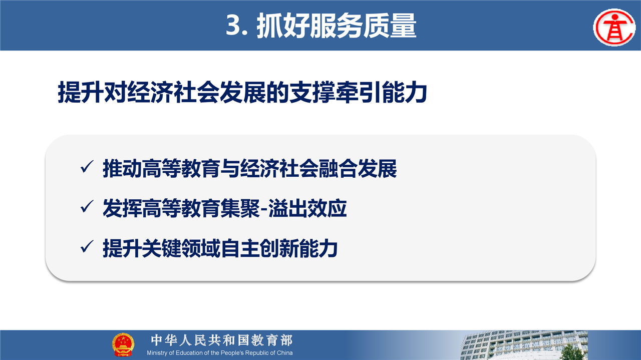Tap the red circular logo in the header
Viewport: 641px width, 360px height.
pyautogui.click(x=614, y=28)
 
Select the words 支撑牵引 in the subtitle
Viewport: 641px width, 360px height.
pyautogui.click(x=336, y=92)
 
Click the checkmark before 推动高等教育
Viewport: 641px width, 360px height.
pyautogui.click(x=87, y=167)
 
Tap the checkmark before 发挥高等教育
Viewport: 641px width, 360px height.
pyautogui.click(x=87, y=206)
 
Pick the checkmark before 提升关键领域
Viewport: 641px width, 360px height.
pyautogui.click(x=87, y=246)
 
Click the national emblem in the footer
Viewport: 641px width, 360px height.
pyautogui.click(x=123, y=345)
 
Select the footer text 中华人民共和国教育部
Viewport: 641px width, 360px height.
pyautogui.click(x=222, y=340)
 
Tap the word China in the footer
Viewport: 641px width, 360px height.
pyautogui.click(x=285, y=353)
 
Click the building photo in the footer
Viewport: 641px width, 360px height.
pyautogui.click(x=524, y=345)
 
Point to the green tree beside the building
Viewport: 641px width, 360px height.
pyautogui.click(x=571, y=352)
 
